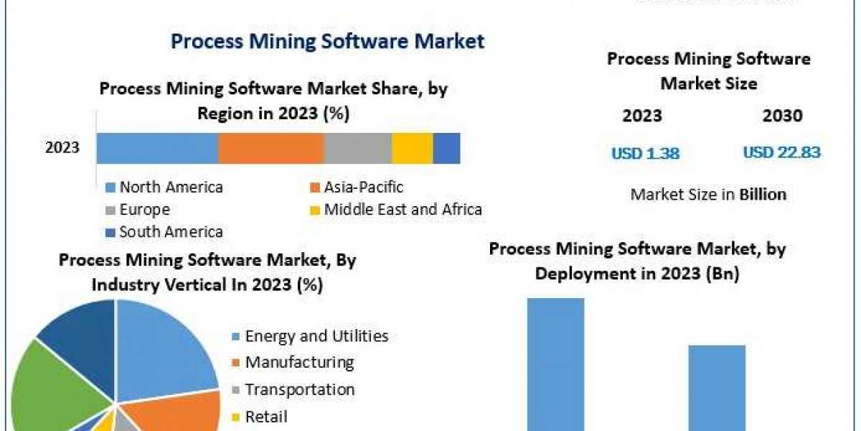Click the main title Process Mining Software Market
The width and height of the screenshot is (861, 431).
[x=327, y=41]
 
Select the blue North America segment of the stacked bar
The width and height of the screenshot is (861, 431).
[x=157, y=148]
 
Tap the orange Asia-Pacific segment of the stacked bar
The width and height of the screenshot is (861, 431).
[x=270, y=148]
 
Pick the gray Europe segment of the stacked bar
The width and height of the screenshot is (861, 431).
[x=357, y=148]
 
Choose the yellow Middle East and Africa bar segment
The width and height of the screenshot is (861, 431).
[x=412, y=148]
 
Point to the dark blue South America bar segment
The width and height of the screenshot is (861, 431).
[x=446, y=148]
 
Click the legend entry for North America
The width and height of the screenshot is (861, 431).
[x=171, y=187]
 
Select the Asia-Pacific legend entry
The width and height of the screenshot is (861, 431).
[x=363, y=187]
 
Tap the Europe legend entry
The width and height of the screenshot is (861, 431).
[x=144, y=210]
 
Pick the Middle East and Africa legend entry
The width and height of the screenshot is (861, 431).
[x=403, y=210]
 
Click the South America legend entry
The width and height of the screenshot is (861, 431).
[x=171, y=231]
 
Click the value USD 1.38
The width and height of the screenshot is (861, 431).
[x=645, y=153]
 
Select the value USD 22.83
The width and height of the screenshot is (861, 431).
[x=781, y=152]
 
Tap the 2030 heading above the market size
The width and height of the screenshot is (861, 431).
[x=783, y=116]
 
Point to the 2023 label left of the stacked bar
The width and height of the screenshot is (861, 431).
[x=62, y=148]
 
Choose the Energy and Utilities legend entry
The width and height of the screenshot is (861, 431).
[x=316, y=336]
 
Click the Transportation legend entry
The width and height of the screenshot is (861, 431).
[x=299, y=389]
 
